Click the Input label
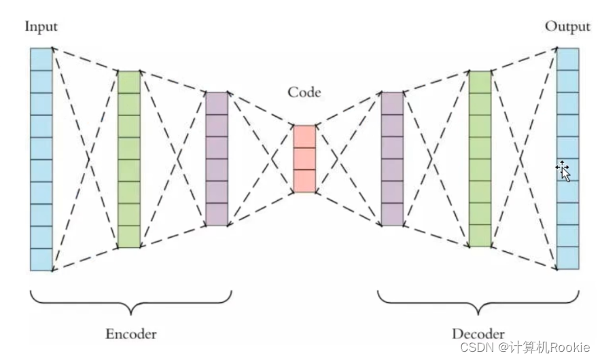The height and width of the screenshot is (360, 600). coord(41,27)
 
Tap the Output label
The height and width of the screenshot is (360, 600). coord(567,27)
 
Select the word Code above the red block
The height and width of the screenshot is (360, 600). coord(304,92)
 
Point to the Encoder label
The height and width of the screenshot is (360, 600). coord(131,334)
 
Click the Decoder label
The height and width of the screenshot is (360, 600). coord(478,334)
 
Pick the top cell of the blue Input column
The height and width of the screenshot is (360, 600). coord(41,59)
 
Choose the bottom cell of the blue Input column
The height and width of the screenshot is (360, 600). coord(41,259)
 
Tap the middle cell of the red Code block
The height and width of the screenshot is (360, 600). coord(304,158)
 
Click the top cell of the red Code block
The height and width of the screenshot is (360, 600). coord(304,136)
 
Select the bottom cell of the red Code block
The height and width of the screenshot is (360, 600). coord(304,181)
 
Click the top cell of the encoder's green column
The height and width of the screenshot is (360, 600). coord(128,82)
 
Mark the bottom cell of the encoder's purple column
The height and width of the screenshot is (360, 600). coord(217,214)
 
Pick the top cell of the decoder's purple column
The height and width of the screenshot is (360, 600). coord(392,103)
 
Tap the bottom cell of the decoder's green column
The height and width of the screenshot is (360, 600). coord(480,236)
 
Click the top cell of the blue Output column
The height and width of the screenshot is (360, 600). coord(568,58)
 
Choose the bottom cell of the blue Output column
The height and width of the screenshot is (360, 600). coord(568,258)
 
